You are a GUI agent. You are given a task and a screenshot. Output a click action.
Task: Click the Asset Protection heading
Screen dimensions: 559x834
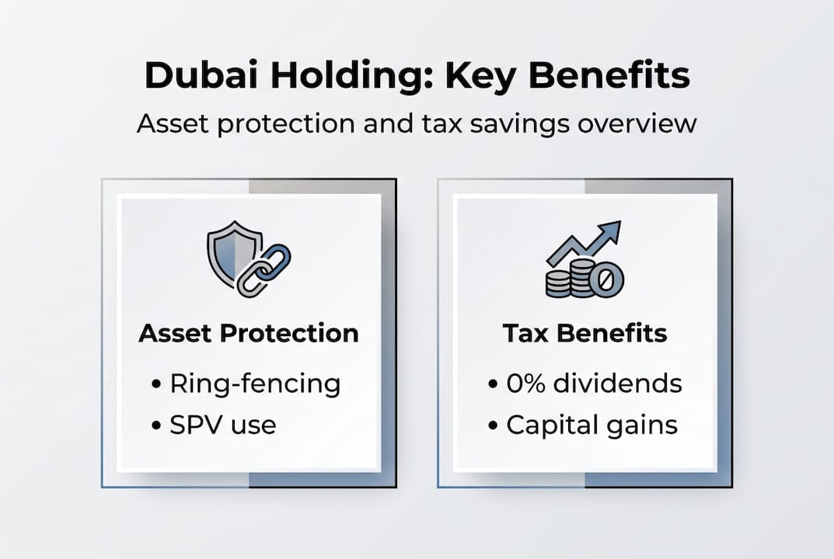[249, 334]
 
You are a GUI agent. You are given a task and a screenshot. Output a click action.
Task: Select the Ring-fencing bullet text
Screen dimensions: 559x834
[255, 384]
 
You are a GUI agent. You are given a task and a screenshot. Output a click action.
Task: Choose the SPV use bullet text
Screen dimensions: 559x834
[223, 425]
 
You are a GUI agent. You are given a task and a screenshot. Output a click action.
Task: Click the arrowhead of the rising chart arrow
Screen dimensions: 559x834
[610, 232]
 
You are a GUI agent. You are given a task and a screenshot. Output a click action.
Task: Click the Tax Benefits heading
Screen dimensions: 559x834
[584, 334]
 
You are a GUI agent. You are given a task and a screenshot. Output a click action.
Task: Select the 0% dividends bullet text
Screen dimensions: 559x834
[593, 384]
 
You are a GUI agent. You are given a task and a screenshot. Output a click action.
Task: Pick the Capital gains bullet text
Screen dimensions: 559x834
[591, 425]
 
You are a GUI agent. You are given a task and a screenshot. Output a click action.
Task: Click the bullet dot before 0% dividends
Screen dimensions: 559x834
[493, 384]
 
